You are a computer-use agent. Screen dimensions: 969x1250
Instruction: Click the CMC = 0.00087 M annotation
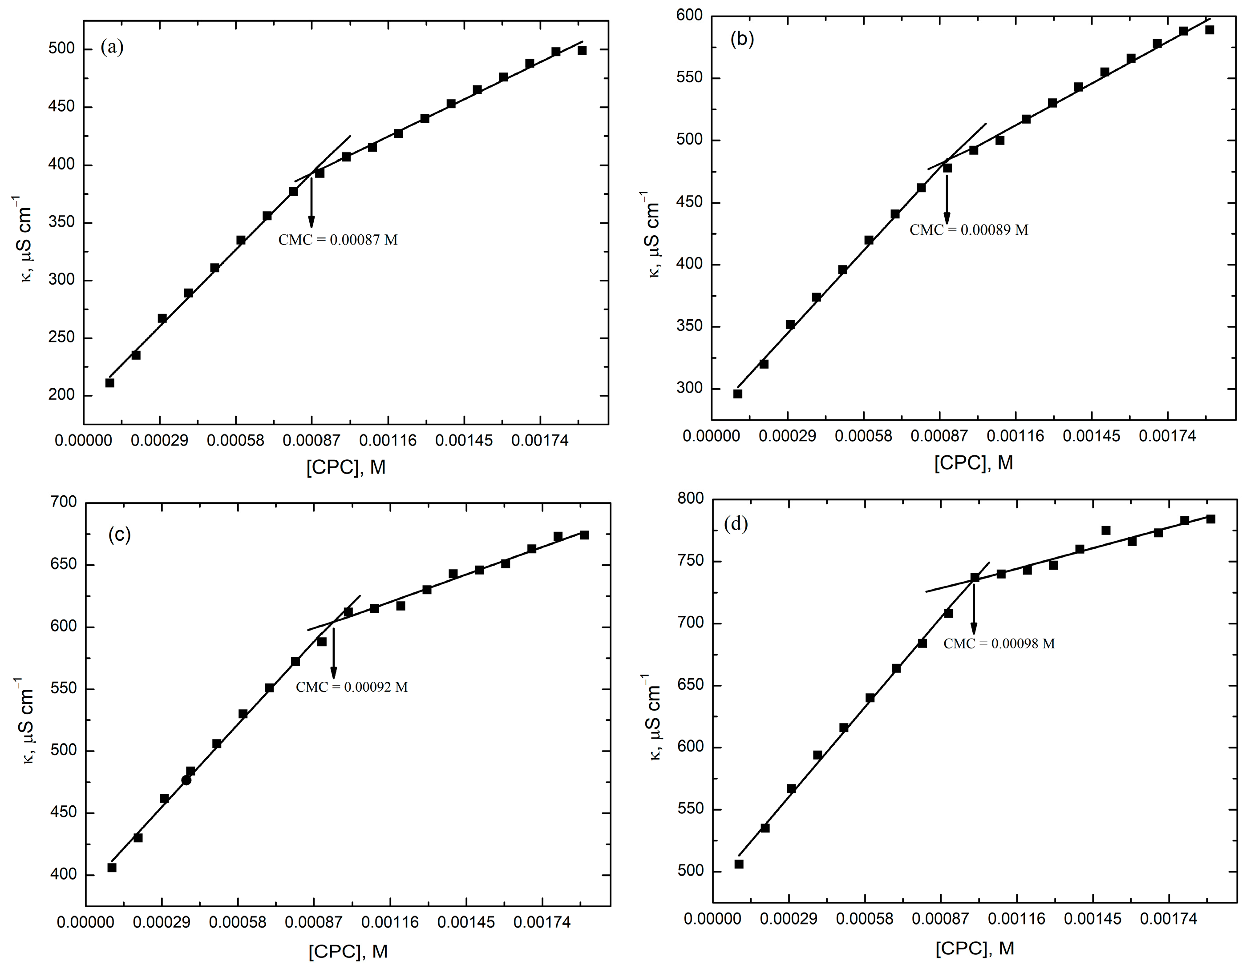[x=338, y=240]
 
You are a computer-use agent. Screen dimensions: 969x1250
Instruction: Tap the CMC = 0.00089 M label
[x=969, y=230]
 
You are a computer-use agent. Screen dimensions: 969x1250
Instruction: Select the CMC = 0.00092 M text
[x=352, y=687]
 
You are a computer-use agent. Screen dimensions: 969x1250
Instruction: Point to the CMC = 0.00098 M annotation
[x=999, y=643]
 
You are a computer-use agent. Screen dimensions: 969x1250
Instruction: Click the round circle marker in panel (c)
[x=186, y=780]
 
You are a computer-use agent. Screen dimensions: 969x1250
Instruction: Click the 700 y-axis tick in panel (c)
[x=64, y=502]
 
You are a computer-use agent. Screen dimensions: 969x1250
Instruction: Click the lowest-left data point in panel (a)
[x=110, y=383]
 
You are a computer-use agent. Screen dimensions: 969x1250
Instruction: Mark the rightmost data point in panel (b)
[x=1210, y=30]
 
